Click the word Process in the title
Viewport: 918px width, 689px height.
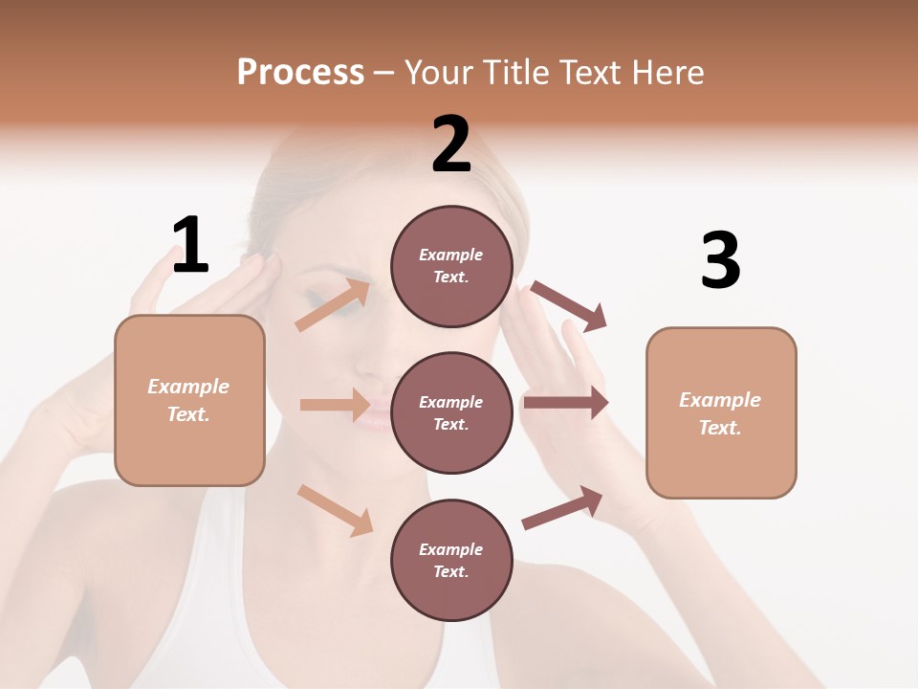point(300,73)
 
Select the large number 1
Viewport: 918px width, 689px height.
point(190,246)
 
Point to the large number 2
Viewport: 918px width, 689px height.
point(451,144)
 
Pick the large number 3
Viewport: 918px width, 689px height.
point(720,261)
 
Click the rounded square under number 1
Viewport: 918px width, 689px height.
point(189,400)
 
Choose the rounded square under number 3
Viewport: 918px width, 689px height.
point(721,412)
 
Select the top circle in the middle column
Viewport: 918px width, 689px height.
point(451,266)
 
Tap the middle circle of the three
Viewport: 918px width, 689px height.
point(451,412)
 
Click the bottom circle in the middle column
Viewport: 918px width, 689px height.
point(451,560)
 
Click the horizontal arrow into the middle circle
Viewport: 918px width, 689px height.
point(335,405)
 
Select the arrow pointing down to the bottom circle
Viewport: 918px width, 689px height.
point(335,510)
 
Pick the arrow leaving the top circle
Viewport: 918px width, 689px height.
point(569,305)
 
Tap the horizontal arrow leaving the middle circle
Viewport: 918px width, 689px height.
point(565,403)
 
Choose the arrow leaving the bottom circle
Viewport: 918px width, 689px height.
point(562,508)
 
